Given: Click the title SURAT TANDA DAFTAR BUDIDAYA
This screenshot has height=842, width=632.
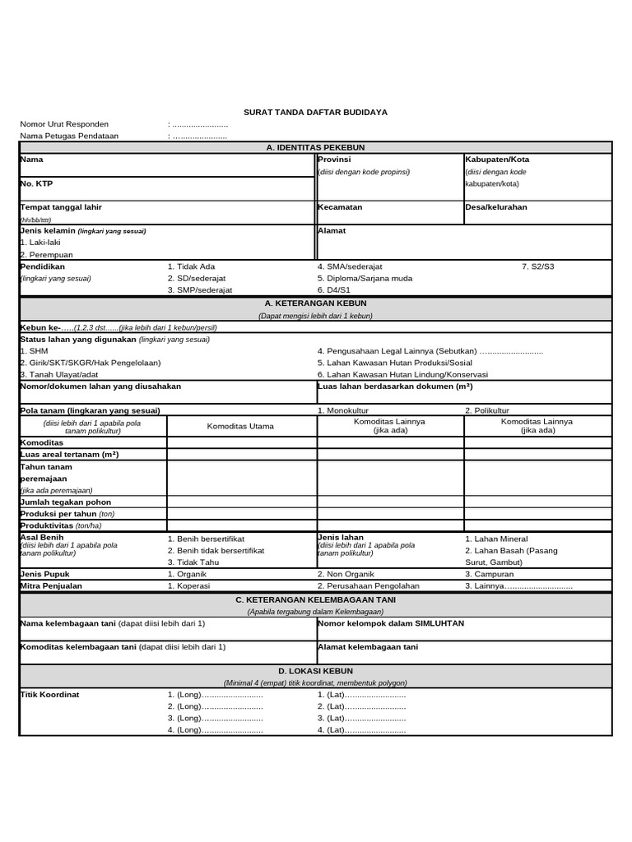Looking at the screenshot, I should [x=315, y=112].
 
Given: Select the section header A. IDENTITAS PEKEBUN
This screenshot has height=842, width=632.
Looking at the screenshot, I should [x=315, y=147].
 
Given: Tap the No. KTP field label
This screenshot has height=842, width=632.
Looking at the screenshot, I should [x=36, y=183].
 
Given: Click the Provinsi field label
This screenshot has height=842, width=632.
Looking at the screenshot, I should [x=335, y=160].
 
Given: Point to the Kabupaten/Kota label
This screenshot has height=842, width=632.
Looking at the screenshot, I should [x=497, y=160].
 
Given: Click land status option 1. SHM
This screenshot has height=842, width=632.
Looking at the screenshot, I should [x=34, y=350].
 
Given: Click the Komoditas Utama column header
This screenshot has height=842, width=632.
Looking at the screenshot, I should [x=240, y=426].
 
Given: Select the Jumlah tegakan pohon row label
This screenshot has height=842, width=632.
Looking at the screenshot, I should [x=65, y=502].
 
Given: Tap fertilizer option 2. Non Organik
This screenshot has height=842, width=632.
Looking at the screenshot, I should [x=346, y=574].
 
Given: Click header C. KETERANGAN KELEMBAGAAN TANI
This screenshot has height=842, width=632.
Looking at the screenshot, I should [x=315, y=599].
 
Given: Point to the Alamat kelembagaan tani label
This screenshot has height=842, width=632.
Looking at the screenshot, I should [x=368, y=647].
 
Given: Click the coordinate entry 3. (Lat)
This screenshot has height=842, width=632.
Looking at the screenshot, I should [x=361, y=718].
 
